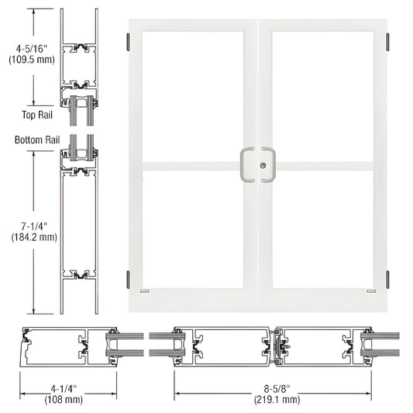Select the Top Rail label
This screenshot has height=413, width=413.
tap(33, 115)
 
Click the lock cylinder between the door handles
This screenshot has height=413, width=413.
tap(262, 165)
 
